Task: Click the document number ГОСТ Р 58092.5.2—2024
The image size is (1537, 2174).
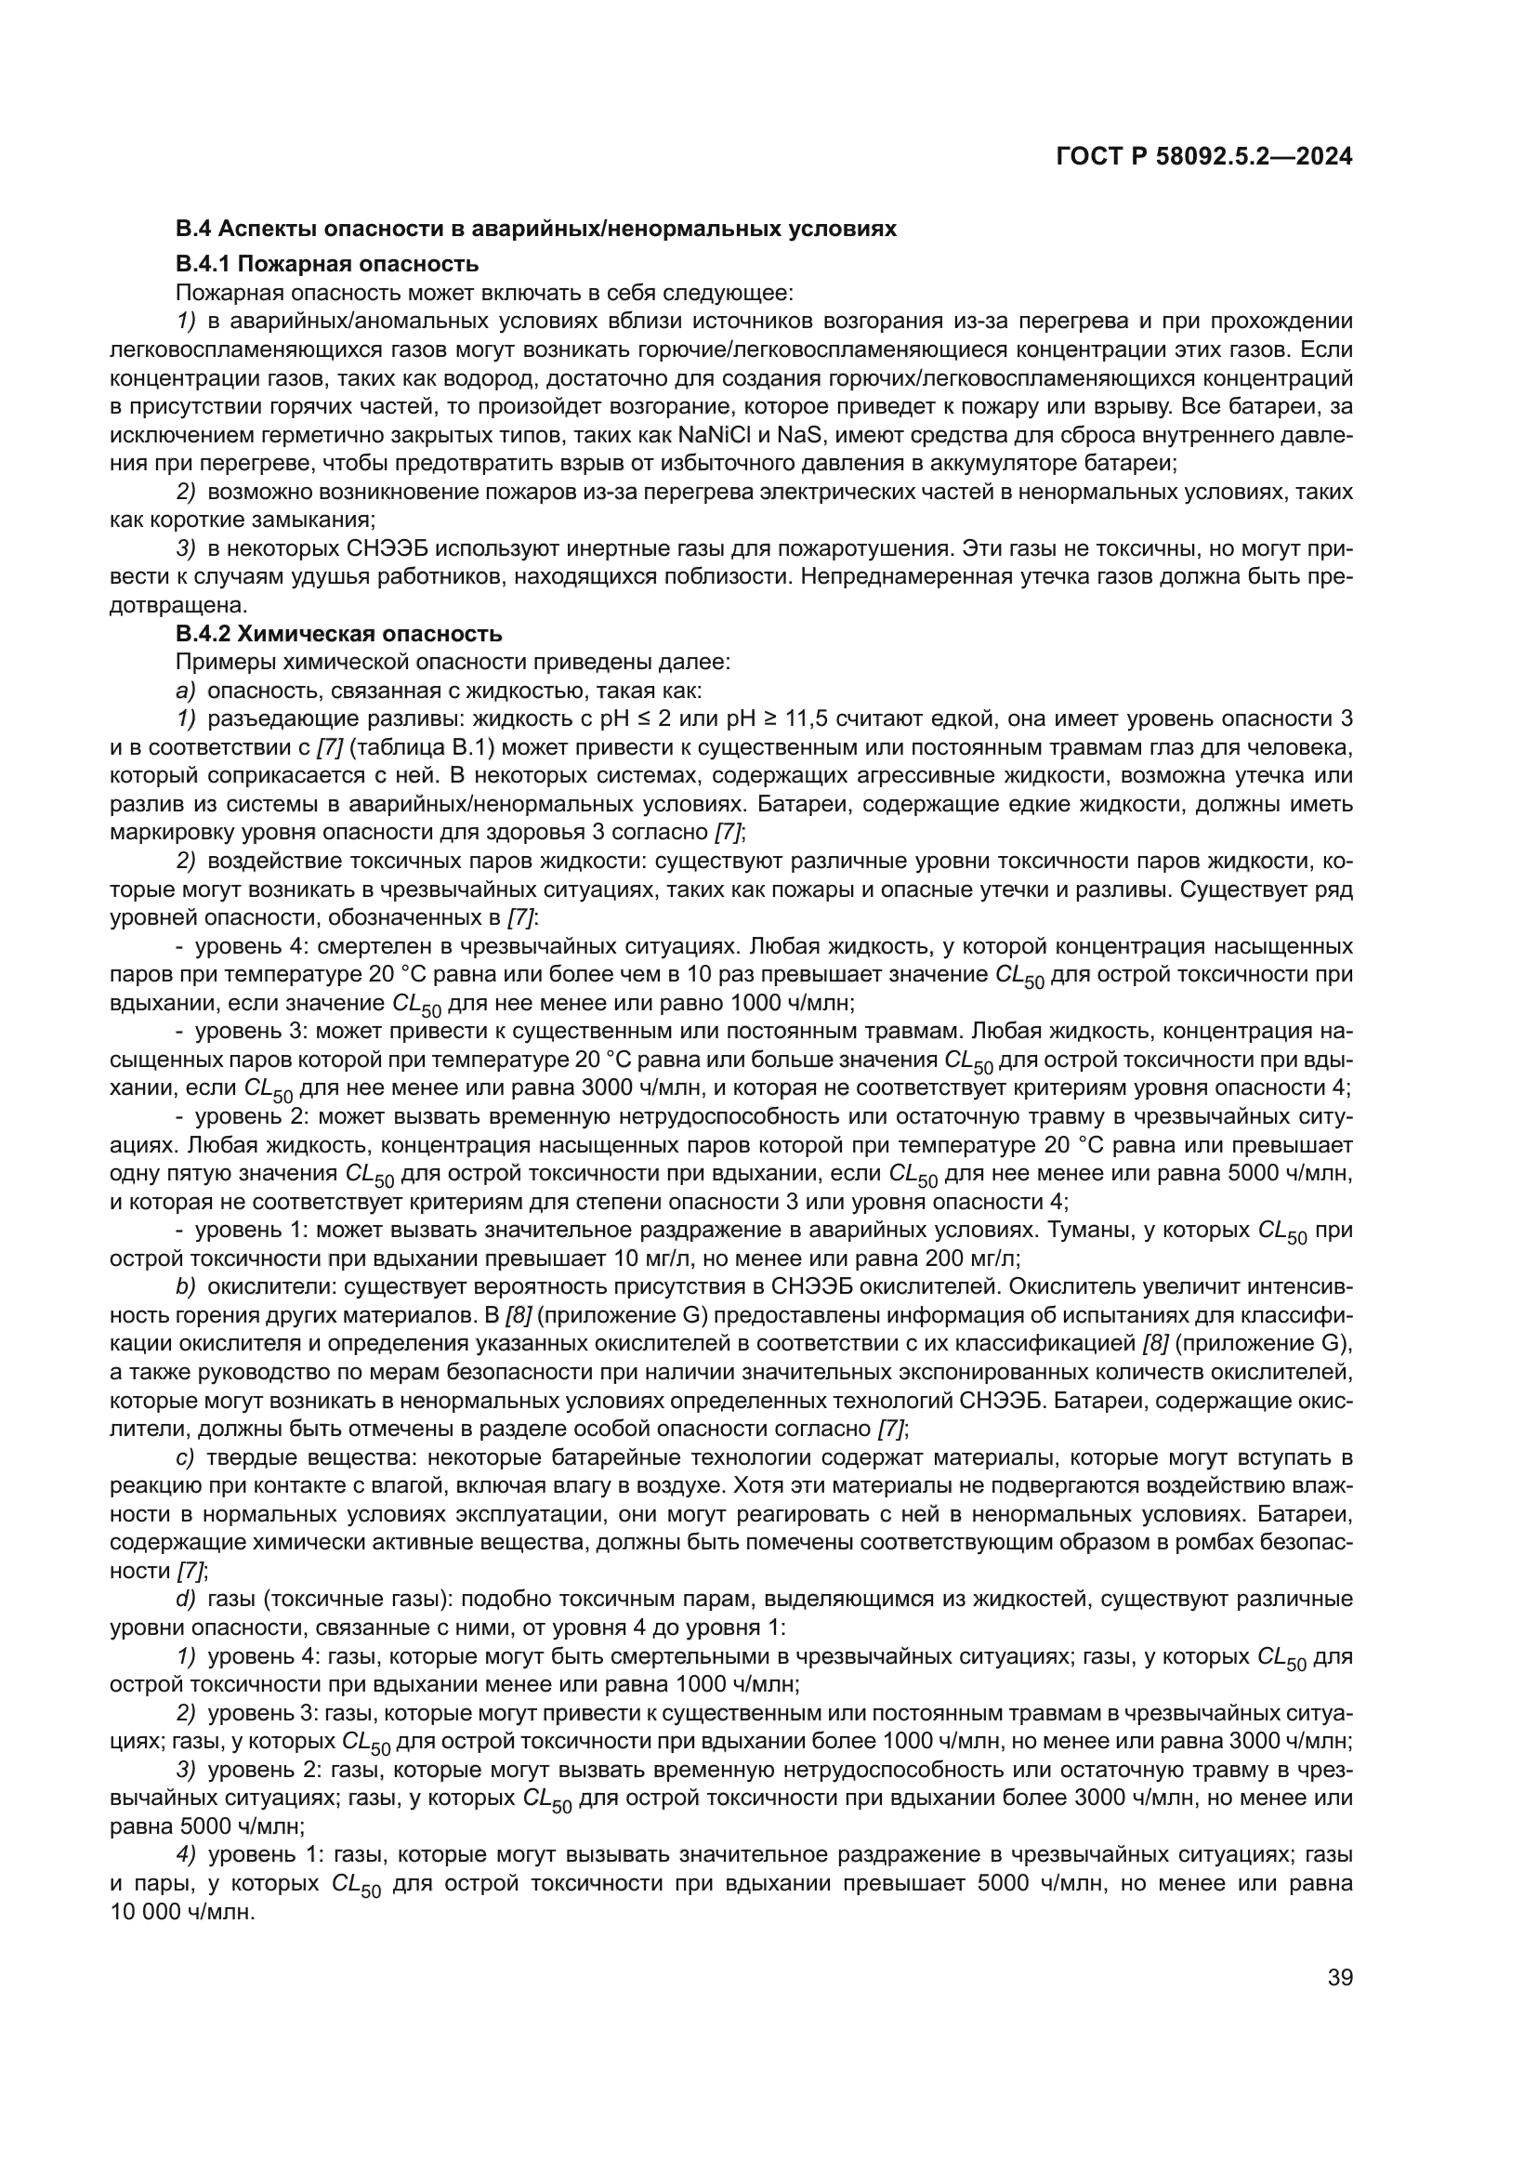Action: coord(1203,156)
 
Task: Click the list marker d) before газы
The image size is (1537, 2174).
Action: coord(185,1600)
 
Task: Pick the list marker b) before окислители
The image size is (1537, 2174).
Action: coord(185,1286)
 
